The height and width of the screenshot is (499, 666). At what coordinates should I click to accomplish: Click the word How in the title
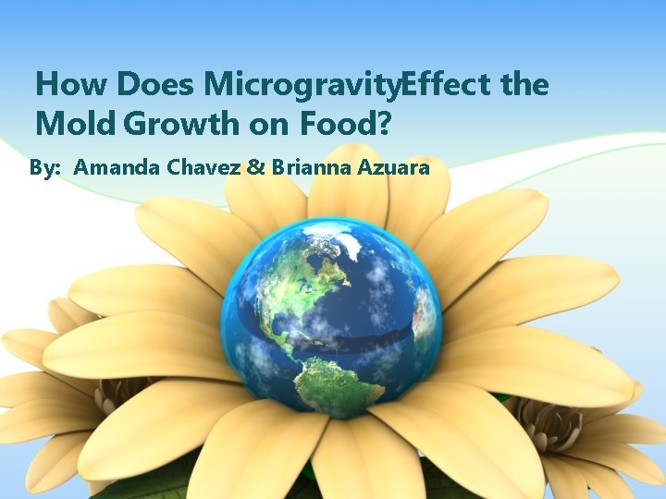coord(72,85)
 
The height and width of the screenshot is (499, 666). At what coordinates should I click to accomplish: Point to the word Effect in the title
coord(448,85)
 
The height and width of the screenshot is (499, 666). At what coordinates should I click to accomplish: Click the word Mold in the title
coord(77,121)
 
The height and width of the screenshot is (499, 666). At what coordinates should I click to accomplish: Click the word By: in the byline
coord(47,168)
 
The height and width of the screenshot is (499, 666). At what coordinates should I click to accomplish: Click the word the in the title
coord(524,85)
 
